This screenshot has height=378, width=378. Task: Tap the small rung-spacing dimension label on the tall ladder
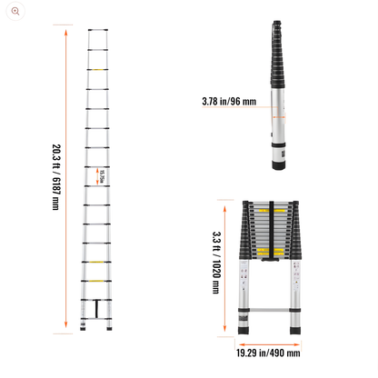point(103,175)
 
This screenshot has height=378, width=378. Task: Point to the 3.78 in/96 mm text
point(229,102)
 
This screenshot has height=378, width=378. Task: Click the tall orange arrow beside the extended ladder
point(66,182)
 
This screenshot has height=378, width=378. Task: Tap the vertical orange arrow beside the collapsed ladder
point(226,264)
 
